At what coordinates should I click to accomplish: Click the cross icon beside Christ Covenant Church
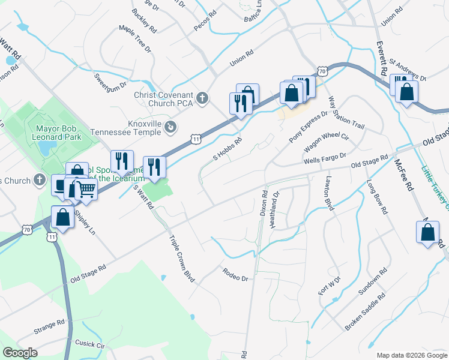[x=203, y=97]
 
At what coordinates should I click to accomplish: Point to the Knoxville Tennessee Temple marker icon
[x=170, y=127]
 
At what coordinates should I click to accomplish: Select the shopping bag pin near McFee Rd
[x=427, y=232]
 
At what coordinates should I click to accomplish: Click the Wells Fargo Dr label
[x=325, y=158]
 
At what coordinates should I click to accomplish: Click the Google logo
[x=20, y=353]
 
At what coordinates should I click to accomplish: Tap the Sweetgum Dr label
[x=110, y=80]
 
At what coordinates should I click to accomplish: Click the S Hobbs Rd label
[x=228, y=149]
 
